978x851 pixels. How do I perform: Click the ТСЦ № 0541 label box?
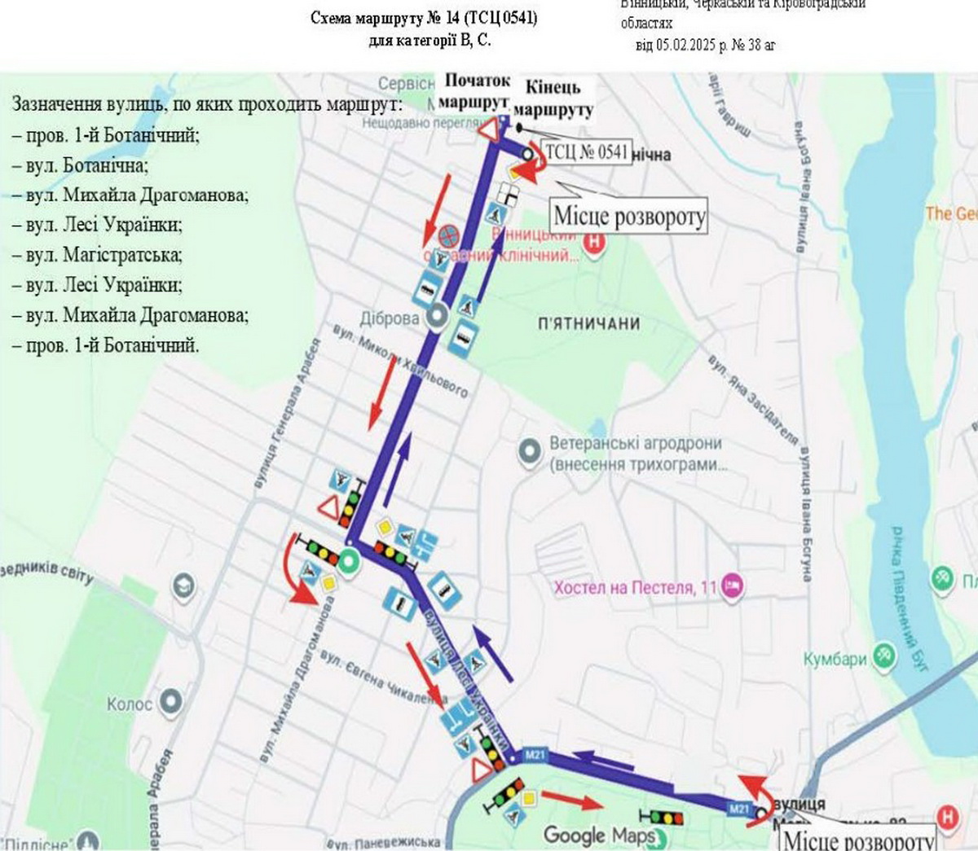[x=587, y=151]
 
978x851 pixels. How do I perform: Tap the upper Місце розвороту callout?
[x=629, y=217]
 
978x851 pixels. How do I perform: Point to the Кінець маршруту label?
[x=553, y=99]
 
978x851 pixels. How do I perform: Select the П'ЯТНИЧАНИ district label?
[x=588, y=324]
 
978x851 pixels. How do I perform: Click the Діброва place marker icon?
[x=436, y=316]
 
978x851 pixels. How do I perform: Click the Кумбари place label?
[x=835, y=659]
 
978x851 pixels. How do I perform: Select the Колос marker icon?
[x=170, y=702]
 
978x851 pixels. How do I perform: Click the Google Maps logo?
[x=599, y=836]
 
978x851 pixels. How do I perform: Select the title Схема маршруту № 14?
[x=424, y=18]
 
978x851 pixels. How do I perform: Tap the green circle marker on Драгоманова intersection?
[x=349, y=561]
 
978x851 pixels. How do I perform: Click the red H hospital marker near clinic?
[x=596, y=241]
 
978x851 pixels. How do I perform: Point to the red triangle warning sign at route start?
[x=488, y=130]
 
